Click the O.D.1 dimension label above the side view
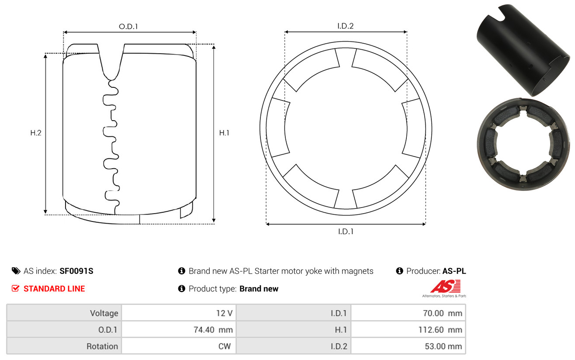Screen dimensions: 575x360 click(x=128, y=26)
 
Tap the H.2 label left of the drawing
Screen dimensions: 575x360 click(x=36, y=133)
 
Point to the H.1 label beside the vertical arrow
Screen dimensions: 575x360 click(x=224, y=133)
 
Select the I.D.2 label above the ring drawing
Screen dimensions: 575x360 click(x=345, y=26)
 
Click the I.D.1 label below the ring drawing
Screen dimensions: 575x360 click(x=346, y=232)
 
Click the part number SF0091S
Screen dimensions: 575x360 click(x=76, y=271)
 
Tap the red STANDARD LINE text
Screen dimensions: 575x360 click(x=54, y=289)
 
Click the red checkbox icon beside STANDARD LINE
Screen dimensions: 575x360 click(x=15, y=288)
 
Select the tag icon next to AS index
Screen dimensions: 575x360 click(x=16, y=271)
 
